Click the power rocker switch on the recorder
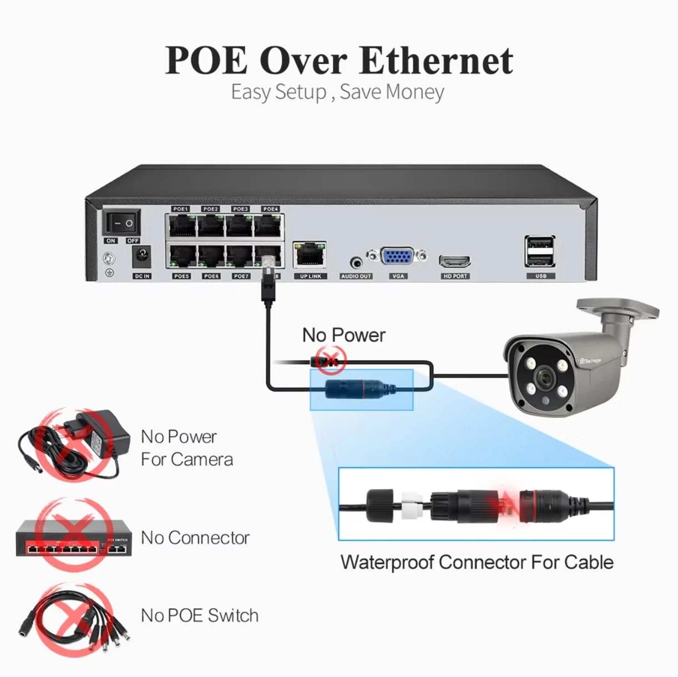[x=122, y=222]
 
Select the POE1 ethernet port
[x=182, y=226]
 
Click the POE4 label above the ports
[x=271, y=209]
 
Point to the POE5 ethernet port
[x=182, y=256]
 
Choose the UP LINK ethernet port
[x=310, y=255]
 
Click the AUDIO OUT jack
[x=356, y=263]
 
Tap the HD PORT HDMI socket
[x=454, y=261]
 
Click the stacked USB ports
[x=540, y=252]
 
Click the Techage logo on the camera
[x=590, y=360]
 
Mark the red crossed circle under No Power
[x=331, y=360]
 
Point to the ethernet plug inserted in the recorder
[x=268, y=278]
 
